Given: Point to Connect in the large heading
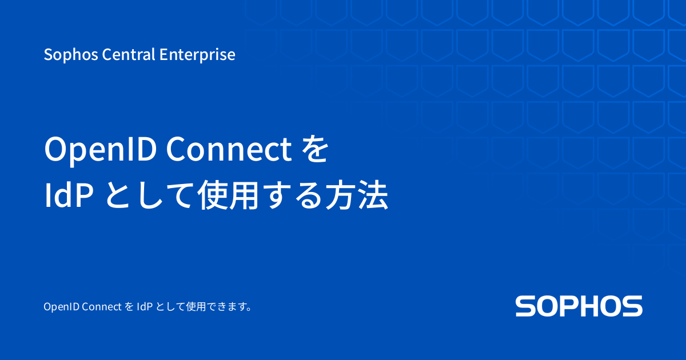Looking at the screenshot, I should (229, 150).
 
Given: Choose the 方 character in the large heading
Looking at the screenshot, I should (341, 197).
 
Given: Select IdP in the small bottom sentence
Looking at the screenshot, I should (143, 307).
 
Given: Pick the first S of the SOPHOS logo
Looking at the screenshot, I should (526, 306).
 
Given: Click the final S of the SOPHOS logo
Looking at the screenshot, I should (632, 306).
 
